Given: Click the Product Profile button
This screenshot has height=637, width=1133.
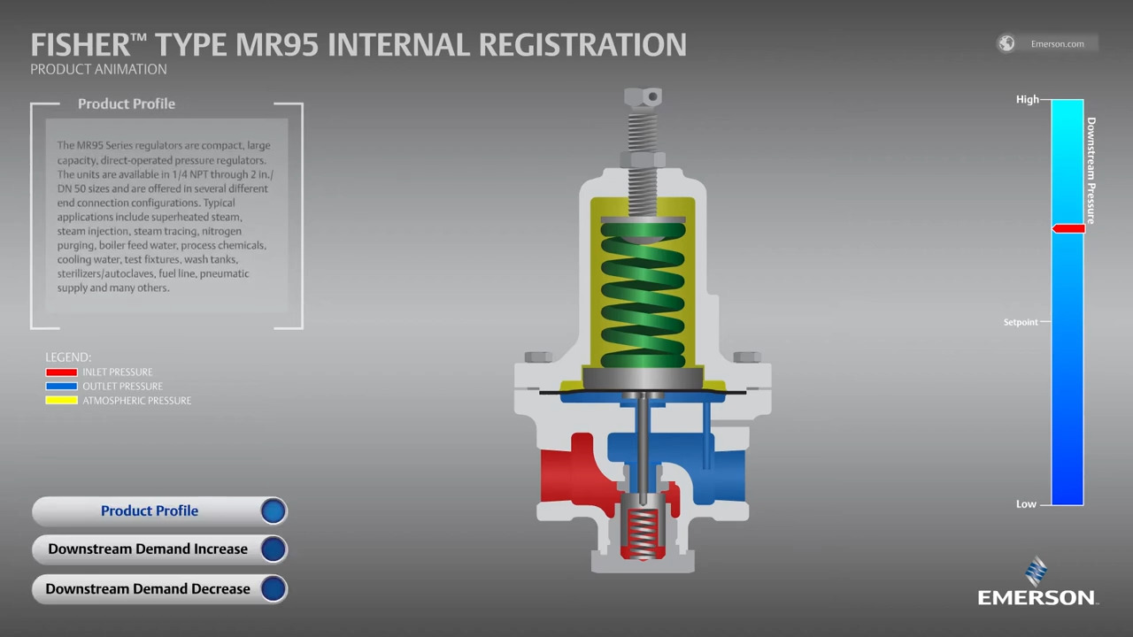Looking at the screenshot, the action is (x=160, y=511).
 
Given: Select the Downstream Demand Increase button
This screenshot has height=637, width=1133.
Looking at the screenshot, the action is (x=160, y=549).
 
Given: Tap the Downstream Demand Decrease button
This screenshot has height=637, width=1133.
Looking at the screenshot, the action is (x=160, y=589).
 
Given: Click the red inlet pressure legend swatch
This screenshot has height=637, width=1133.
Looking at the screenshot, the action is (x=61, y=372).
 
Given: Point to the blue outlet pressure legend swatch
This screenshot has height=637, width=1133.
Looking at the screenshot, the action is (x=61, y=387).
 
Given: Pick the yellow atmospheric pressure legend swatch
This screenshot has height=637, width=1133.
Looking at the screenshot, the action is (x=61, y=401).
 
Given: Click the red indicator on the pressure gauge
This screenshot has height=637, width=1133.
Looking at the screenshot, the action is (x=1068, y=228).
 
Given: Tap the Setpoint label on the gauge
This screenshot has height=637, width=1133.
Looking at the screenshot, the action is (x=1021, y=322).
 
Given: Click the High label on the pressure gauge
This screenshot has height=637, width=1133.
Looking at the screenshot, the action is (x=1028, y=100).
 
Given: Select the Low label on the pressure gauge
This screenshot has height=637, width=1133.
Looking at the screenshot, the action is (x=1026, y=504).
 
